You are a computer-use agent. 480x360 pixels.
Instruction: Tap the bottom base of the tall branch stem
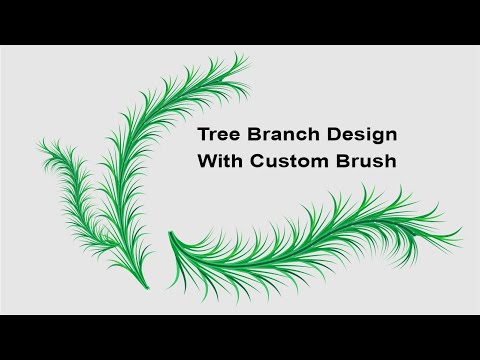coord(147,285)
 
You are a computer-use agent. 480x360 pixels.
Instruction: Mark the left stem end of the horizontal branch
coord(171,234)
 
